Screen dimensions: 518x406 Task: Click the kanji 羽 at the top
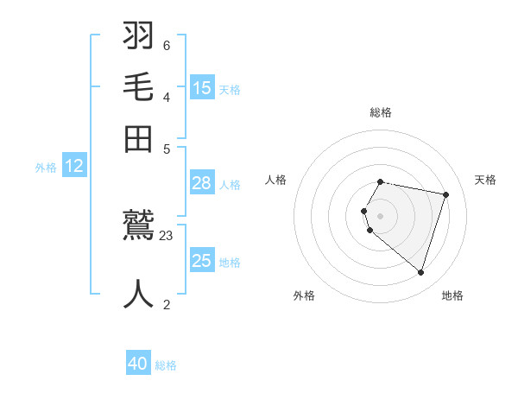point(138,36)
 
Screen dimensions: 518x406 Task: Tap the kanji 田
point(138,138)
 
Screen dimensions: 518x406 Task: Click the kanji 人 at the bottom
point(138,293)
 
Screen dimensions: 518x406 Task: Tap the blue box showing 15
point(202,87)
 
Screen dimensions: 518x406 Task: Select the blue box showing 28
point(202,182)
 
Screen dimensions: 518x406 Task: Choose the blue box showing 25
point(202,260)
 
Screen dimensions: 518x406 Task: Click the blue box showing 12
point(74,166)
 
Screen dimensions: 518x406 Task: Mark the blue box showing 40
point(138,364)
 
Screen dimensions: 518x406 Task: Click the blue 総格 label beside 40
point(166,365)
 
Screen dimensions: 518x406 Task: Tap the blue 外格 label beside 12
point(46,168)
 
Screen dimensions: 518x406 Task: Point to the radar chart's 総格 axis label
point(380,112)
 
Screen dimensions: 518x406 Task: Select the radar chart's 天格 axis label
point(485,180)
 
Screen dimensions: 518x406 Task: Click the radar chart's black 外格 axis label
point(304,295)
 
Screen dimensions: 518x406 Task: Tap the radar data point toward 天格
point(445,194)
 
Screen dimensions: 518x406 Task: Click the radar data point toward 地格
point(420,273)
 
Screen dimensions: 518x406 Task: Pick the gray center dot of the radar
point(380,216)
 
